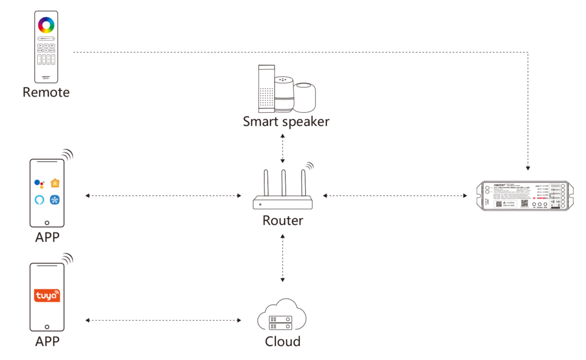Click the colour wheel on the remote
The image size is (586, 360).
pyautogui.click(x=46, y=26)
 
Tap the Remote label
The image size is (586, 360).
pyautogui.click(x=46, y=92)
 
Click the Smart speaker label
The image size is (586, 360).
pyautogui.click(x=286, y=121)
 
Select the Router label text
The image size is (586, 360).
pyautogui.click(x=283, y=220)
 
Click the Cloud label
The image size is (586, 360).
pyautogui.click(x=283, y=342)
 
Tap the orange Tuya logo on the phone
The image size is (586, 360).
pyautogui.click(x=47, y=295)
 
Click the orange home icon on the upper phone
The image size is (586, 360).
pyautogui.click(x=55, y=183)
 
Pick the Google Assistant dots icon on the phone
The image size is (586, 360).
pyautogui.click(x=39, y=183)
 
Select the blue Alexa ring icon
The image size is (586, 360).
pyautogui.click(x=39, y=200)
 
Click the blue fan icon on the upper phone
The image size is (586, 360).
pyautogui.click(x=55, y=200)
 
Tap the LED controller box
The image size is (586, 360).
pyautogui.click(x=522, y=196)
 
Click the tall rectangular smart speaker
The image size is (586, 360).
pyautogui.click(x=266, y=88)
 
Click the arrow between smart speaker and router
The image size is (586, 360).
pyautogui.click(x=283, y=149)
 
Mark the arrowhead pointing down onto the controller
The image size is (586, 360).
pyautogui.click(x=528, y=169)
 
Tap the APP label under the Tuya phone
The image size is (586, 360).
pyautogui.click(x=47, y=342)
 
